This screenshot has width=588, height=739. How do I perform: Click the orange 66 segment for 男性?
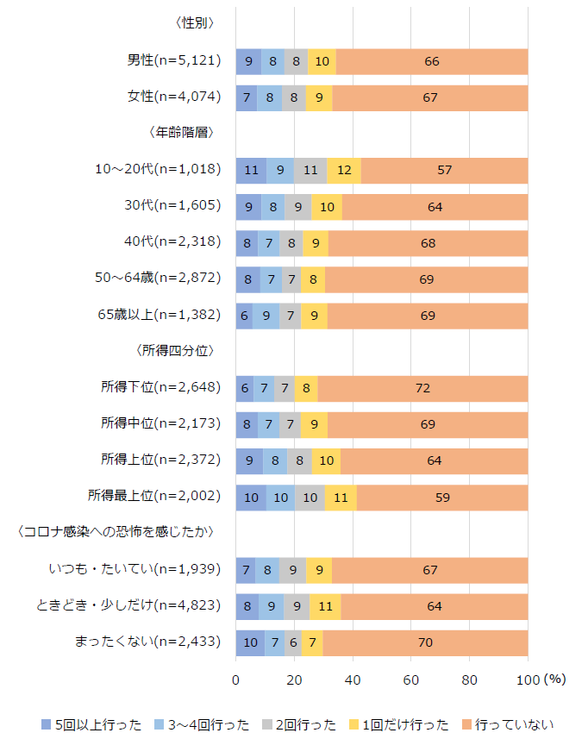pyautogui.click(x=432, y=61)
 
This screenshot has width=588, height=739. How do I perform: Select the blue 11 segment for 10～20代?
pyautogui.click(x=251, y=170)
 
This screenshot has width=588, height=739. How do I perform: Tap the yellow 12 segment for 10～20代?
pyautogui.click(x=344, y=170)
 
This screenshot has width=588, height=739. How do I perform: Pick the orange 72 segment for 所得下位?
pyautogui.click(x=422, y=388)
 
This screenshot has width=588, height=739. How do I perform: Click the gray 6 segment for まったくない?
pyautogui.click(x=293, y=642)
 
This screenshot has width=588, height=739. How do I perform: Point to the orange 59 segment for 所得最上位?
pyautogui.click(x=442, y=498)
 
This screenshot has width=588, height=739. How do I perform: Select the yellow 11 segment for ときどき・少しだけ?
pyautogui.click(x=325, y=606)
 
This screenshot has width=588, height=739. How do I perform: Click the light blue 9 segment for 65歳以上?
pyautogui.click(x=266, y=316)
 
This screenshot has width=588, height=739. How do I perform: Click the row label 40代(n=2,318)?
pyautogui.click(x=173, y=242)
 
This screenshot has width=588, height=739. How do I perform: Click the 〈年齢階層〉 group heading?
pyautogui.click(x=180, y=133)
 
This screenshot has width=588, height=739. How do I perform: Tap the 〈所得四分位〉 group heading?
pyautogui.click(x=174, y=351)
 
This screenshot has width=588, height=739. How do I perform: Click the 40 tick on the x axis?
pyautogui.click(x=353, y=680)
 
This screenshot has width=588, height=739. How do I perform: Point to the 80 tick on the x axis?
pyautogui.click(x=469, y=680)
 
